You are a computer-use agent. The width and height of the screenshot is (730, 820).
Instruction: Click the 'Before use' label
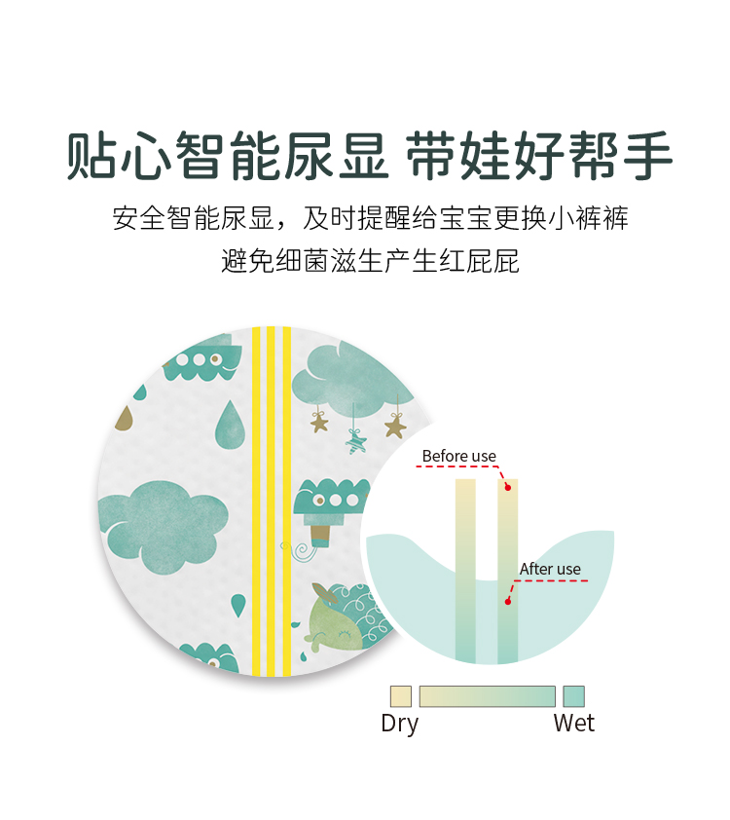[x=458, y=456]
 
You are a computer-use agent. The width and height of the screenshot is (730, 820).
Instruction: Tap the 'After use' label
[x=550, y=569]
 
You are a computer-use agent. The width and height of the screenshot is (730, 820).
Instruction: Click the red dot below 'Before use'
[x=507, y=487]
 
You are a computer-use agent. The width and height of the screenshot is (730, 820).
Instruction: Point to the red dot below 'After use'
[x=507, y=601]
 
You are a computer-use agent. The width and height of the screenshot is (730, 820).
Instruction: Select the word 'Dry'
[x=399, y=724]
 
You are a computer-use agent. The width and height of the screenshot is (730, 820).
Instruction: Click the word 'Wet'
[x=573, y=724]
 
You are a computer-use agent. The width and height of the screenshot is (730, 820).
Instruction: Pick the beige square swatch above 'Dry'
[x=400, y=696]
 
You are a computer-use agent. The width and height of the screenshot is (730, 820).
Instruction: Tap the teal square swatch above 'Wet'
[x=573, y=696]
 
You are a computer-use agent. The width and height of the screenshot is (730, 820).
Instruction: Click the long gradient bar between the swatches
[x=487, y=696]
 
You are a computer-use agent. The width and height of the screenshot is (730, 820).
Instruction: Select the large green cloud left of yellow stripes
[x=162, y=525]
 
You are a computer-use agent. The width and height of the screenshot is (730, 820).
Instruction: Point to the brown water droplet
[x=125, y=418]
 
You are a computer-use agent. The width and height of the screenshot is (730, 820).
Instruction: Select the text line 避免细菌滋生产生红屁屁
[x=370, y=261]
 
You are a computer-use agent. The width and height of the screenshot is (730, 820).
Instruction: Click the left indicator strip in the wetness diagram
[x=465, y=570]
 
